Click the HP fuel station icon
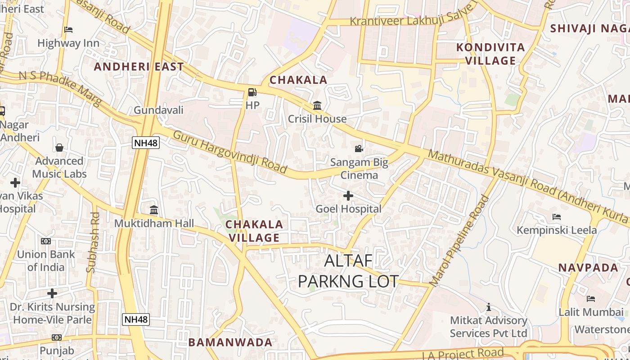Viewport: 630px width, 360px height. coord(252,92)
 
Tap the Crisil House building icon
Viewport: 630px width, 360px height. coord(317,106)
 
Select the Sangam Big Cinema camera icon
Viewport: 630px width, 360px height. coord(359,148)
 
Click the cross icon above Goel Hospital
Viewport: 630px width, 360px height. coord(348,196)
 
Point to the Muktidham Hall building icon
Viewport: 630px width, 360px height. coord(154,210)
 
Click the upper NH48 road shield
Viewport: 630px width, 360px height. coord(146,143)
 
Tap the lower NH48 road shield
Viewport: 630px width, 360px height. coord(136,319)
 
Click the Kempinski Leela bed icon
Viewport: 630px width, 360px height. coord(557,217)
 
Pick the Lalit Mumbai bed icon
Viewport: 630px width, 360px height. coord(591,299)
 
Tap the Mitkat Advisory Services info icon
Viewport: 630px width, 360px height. coord(488,307)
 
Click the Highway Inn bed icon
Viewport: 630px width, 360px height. coord(68,30)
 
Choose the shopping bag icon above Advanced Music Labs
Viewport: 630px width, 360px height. coord(59,148)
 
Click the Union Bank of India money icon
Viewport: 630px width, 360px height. coord(46,241)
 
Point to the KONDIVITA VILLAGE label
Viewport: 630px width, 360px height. coord(490,54)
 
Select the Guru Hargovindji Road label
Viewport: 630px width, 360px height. coord(229,152)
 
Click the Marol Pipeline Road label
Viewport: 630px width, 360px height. coord(459,241)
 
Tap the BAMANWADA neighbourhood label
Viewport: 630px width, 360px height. coord(230,342)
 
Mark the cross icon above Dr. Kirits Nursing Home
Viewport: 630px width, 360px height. coord(52,293)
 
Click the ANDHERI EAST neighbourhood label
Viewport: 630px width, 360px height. coord(139,67)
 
